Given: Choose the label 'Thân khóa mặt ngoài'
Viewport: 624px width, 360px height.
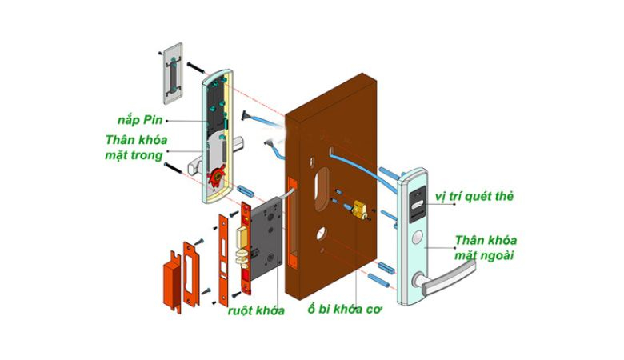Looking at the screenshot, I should click(486, 247).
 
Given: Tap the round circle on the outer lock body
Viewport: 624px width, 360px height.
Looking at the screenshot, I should click(418, 238).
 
